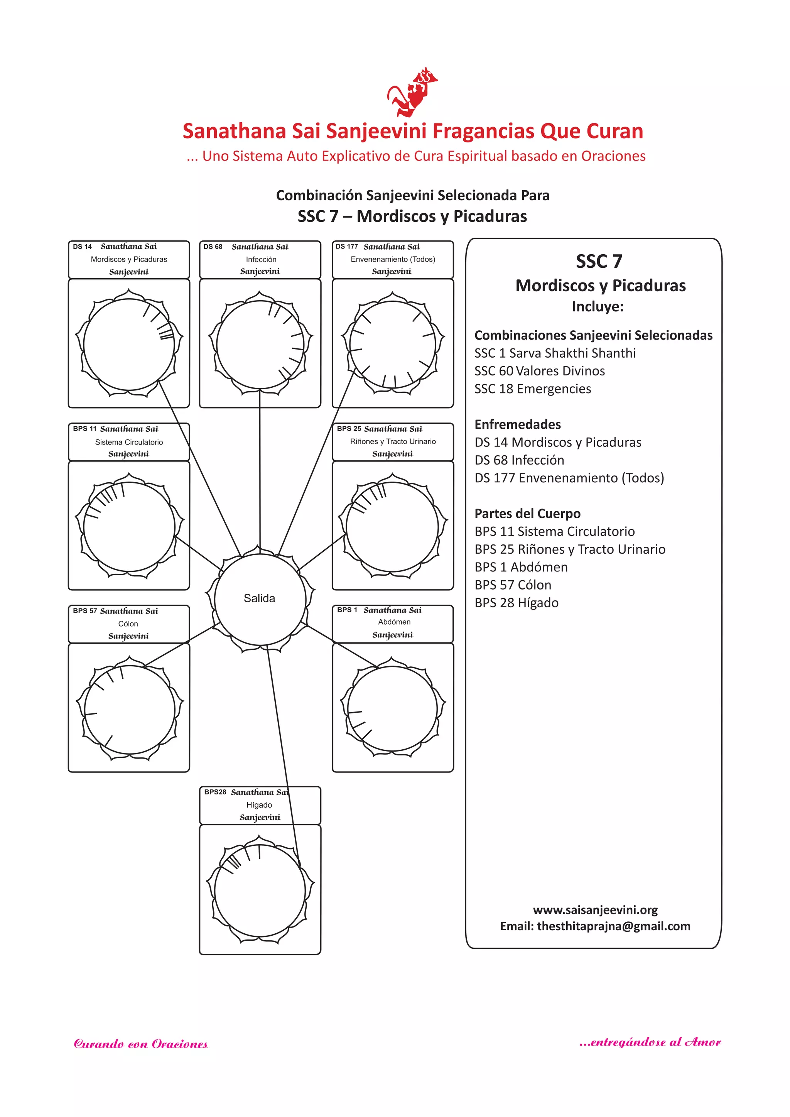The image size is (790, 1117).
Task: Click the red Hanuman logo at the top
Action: pyautogui.click(x=412, y=93)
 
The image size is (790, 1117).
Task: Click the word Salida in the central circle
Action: pyautogui.click(x=259, y=598)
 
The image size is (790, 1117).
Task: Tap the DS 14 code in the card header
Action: pyautogui.click(x=82, y=247)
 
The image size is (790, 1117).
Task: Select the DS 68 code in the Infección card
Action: pyautogui.click(x=213, y=247)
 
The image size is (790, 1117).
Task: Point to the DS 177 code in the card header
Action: pyautogui.click(x=346, y=247)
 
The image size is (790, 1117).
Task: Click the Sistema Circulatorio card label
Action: pyautogui.click(x=129, y=442)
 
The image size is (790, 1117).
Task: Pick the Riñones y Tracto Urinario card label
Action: pyautogui.click(x=393, y=441)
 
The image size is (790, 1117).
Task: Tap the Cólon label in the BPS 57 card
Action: pyautogui.click(x=128, y=624)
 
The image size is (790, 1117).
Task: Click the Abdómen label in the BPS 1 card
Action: pyautogui.click(x=394, y=622)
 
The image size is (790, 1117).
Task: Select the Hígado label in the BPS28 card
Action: pyautogui.click(x=259, y=805)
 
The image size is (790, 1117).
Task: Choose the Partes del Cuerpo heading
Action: pyautogui.click(x=527, y=513)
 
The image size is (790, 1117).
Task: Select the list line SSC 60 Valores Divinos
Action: pyautogui.click(x=540, y=371)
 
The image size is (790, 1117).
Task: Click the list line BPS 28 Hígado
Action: pyautogui.click(x=516, y=603)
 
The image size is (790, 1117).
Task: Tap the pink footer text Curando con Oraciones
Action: pyautogui.click(x=140, y=1044)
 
